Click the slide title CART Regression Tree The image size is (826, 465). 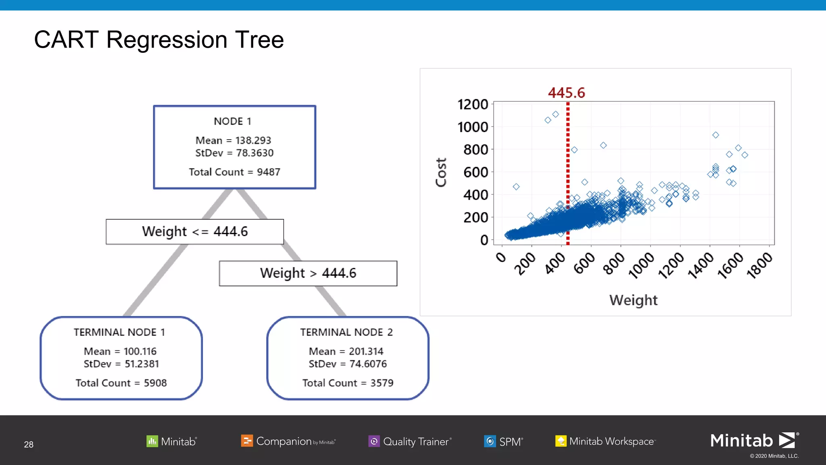click(x=159, y=40)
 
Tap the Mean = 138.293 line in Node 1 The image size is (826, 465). click(x=233, y=140)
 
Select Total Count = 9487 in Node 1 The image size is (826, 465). click(x=234, y=172)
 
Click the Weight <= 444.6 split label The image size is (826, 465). click(x=195, y=232)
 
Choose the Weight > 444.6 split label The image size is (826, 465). click(x=308, y=273)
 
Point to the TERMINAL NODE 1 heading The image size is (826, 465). click(x=119, y=332)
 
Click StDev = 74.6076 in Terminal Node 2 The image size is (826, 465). click(x=348, y=364)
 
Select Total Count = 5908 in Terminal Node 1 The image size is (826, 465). click(x=121, y=383)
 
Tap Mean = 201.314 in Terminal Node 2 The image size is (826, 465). click(x=346, y=352)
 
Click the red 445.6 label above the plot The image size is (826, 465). click(x=566, y=93)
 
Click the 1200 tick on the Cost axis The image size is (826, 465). click(x=473, y=105)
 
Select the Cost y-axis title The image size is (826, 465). click(x=441, y=172)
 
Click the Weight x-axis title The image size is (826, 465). click(x=633, y=300)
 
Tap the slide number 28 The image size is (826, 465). click(x=29, y=444)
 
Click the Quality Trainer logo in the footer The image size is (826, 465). click(x=410, y=441)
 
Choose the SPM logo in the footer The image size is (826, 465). click(x=503, y=441)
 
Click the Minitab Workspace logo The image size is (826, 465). click(x=605, y=441)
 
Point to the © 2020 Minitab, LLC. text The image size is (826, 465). click(x=774, y=456)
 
